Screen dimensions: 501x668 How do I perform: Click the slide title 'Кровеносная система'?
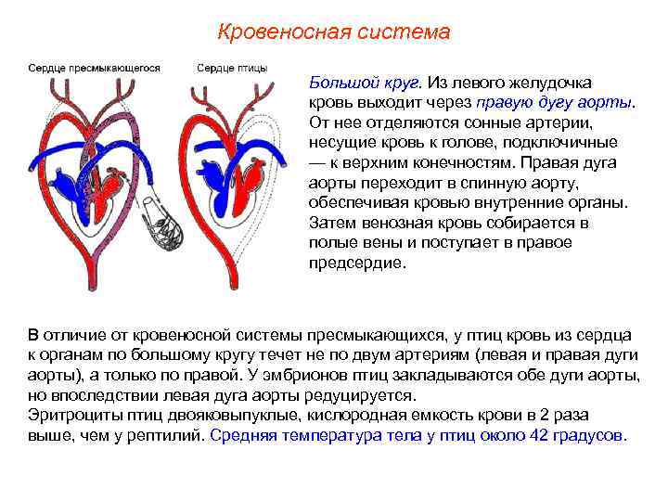(x=333, y=32)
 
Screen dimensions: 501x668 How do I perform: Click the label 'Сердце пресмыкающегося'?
(x=94, y=69)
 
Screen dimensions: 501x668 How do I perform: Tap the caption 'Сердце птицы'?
(x=232, y=69)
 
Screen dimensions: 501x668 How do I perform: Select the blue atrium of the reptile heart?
(x=69, y=186)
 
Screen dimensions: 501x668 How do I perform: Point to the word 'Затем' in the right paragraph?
(x=331, y=223)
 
